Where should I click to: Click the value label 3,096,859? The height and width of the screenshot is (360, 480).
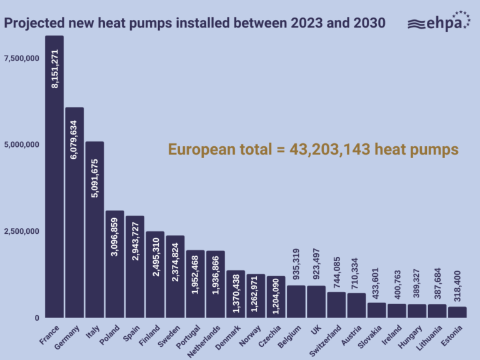pos(114,238)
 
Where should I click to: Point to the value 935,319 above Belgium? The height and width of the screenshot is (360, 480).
pos(296,265)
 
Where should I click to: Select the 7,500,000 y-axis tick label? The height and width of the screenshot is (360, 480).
pos(22,59)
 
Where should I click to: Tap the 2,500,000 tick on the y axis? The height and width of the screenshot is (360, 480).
pos(22,232)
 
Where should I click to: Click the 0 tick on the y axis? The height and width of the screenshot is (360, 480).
pos(37,318)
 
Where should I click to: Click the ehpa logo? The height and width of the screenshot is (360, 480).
pos(438,22)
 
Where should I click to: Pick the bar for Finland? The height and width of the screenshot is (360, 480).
pos(155,274)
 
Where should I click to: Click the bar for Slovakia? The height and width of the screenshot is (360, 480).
pos(377,310)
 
